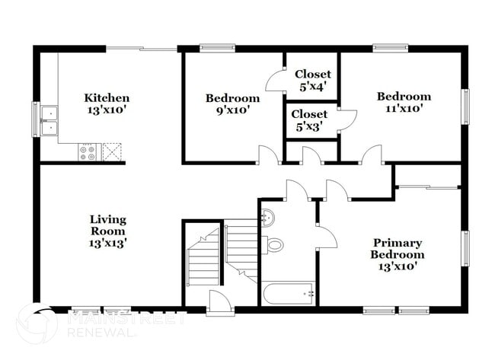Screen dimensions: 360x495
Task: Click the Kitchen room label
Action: pos(107,97)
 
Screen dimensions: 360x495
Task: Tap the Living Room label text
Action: pos(107,225)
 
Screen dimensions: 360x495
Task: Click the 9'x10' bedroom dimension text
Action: pos(232,110)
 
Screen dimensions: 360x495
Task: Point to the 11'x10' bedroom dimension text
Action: pos(404,108)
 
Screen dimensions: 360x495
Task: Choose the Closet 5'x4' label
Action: pos(312,80)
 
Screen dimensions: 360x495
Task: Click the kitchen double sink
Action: pos(49,120)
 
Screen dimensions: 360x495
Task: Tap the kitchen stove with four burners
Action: pos(88,151)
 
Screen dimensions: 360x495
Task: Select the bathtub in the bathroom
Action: pos(288,293)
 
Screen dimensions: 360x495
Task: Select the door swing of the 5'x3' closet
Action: pos(347,120)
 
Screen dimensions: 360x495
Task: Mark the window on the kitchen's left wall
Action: pos(35,119)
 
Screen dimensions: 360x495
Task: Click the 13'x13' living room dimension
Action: pos(107,244)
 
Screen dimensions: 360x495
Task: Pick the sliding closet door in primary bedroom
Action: pos(429,185)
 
